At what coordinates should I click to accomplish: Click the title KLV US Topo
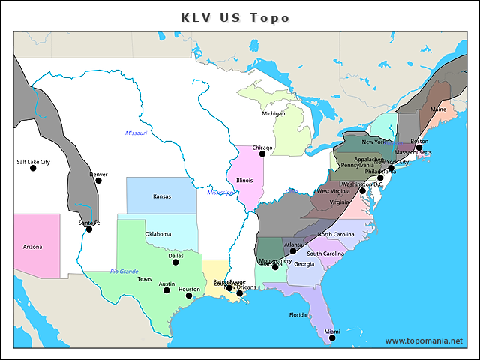tap(235, 17)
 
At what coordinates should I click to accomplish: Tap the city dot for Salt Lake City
tap(33, 168)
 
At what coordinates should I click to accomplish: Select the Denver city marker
tap(98, 180)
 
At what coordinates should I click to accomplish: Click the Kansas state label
tap(161, 196)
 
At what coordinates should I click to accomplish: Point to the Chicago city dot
tap(262, 154)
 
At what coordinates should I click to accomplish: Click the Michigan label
tap(273, 114)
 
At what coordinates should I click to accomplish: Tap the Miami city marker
tap(332, 337)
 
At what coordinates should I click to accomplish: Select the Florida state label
tap(298, 314)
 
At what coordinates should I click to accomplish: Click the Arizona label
tap(32, 247)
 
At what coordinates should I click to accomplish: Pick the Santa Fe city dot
tap(89, 229)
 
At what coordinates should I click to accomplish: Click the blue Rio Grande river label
tap(124, 271)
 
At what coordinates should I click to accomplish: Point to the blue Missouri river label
tap(136, 133)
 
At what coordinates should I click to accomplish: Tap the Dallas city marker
tap(175, 262)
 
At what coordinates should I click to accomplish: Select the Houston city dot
tap(189, 295)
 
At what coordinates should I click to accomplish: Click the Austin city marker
tap(166, 290)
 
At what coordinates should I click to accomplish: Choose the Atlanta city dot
tap(293, 250)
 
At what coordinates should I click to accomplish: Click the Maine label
tap(438, 109)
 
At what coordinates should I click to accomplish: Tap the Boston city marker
tap(419, 148)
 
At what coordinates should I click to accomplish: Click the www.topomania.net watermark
tap(424, 340)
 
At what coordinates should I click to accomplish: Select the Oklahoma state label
tap(157, 234)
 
